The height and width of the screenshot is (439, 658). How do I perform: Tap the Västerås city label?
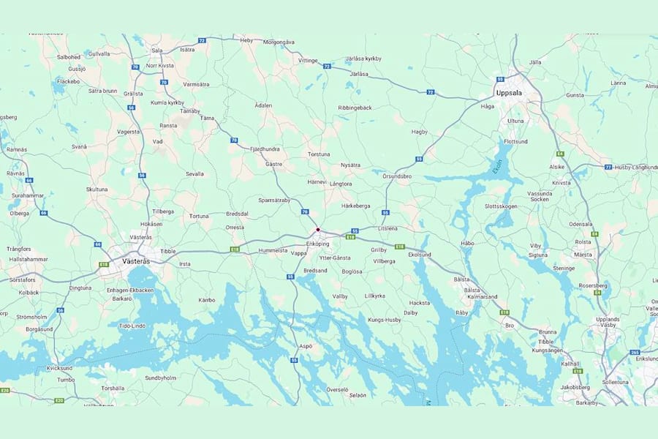135,260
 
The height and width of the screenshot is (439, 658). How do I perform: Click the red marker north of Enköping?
318,230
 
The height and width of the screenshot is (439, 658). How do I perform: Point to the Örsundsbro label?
398,176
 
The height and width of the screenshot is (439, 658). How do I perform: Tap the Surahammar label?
28,197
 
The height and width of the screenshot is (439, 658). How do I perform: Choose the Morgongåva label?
279,42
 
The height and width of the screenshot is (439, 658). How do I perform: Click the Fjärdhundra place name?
265,149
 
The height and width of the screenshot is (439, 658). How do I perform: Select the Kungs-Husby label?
385,320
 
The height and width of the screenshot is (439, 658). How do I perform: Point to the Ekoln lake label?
498,167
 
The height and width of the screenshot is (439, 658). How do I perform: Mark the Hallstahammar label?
29,259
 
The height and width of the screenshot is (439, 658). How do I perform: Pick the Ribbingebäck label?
355,108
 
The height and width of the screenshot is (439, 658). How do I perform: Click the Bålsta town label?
461,279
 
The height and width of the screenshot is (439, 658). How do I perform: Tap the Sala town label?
156,50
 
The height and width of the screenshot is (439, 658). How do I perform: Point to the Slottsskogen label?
501,206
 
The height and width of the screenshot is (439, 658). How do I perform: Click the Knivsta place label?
561,183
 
